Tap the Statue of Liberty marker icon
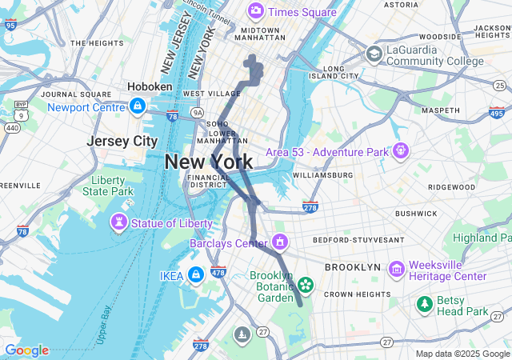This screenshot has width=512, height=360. coord(119,221)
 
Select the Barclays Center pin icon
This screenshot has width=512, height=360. coord(279,242)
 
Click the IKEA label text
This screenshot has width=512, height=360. coord(171,276)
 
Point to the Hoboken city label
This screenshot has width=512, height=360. coord(150,86)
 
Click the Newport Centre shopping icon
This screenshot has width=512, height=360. coord(138,106)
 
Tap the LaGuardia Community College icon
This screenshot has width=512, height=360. coord(373,54)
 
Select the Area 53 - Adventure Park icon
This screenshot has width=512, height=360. coord(401,150)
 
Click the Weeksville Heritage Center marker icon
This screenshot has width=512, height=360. coord(395,270)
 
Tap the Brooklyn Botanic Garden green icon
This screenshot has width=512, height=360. coord(305,284)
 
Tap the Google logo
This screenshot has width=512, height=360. coord(27,350)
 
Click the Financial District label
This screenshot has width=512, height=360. coord(207,181)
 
